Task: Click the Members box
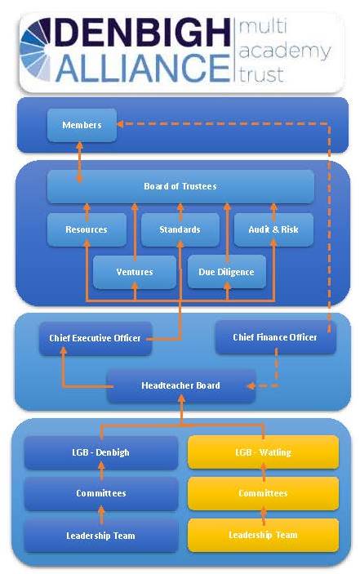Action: (x=82, y=125)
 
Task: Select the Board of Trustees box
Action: (x=180, y=186)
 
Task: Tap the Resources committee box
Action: (x=87, y=229)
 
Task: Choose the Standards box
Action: (x=181, y=229)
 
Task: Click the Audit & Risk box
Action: (x=273, y=229)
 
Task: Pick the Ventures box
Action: (x=135, y=272)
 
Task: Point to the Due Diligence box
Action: (x=226, y=272)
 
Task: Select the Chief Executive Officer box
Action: (x=95, y=338)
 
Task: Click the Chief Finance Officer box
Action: (x=275, y=337)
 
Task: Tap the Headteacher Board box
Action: (x=180, y=385)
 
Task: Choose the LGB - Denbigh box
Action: (x=101, y=452)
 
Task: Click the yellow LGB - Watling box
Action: (x=263, y=452)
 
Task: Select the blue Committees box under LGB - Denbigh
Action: (x=101, y=493)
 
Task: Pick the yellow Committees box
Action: (x=263, y=493)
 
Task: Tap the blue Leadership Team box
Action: (x=101, y=536)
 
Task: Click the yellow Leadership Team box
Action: (x=263, y=535)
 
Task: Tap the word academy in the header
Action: (x=282, y=52)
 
